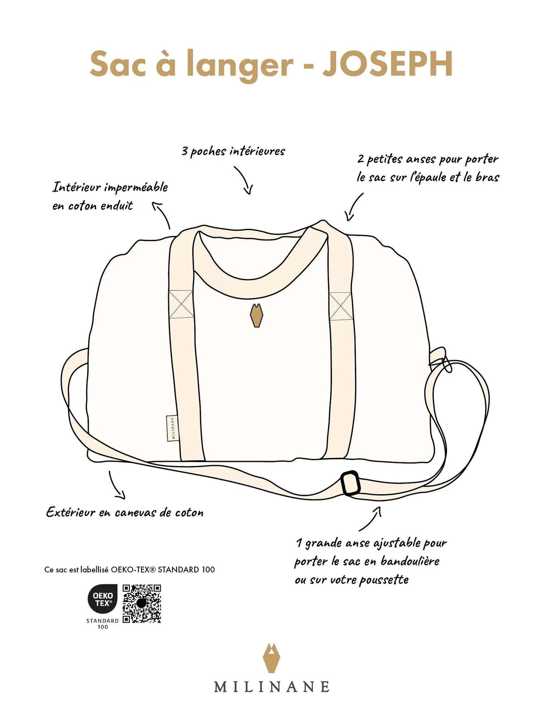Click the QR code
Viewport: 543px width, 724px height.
tap(142, 604)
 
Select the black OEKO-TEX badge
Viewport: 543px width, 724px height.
tap(103, 600)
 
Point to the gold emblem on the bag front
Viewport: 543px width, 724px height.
tap(257, 315)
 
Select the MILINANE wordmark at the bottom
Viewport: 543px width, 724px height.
tap(271, 687)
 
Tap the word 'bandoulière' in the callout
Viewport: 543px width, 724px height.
tap(410, 562)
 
